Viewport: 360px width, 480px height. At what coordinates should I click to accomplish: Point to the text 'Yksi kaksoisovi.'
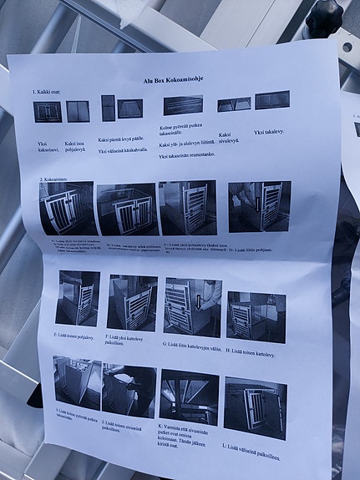pos(46,149)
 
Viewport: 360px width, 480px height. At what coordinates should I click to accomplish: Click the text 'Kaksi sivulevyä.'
pos(223,139)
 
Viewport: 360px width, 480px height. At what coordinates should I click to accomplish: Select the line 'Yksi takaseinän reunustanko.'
pos(185,156)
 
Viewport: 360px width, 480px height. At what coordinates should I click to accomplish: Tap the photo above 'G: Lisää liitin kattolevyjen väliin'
pos(192,306)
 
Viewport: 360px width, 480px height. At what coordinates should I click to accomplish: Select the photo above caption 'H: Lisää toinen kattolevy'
pos(256,316)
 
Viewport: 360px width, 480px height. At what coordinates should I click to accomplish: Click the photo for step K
pos(190,397)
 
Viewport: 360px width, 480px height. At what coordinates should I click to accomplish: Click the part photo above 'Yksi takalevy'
pos(271,100)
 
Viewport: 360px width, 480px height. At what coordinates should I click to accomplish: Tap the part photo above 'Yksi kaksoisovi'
pos(48,111)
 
